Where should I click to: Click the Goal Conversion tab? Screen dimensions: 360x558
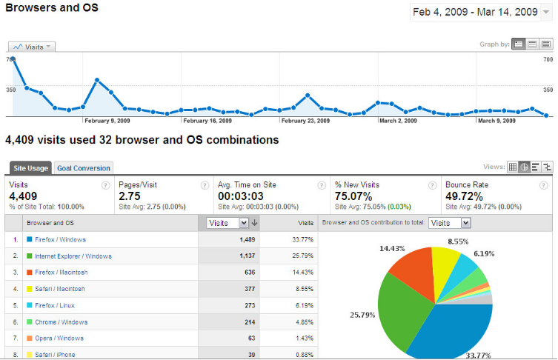click(84, 168)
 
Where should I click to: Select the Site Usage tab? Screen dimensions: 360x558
click(30, 168)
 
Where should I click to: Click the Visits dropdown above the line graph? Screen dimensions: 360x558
click(32, 47)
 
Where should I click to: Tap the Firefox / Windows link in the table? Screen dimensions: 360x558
click(60, 240)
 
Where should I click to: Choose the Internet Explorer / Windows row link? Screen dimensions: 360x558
click(73, 256)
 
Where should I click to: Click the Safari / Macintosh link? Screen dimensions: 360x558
click(60, 289)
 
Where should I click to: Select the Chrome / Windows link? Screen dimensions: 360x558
click(61, 321)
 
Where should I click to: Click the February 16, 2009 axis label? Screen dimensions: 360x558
click(207, 121)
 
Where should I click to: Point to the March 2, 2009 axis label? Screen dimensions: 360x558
click(398, 121)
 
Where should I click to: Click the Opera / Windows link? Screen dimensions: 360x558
click(60, 338)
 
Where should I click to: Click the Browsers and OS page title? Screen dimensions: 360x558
click(51, 8)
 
